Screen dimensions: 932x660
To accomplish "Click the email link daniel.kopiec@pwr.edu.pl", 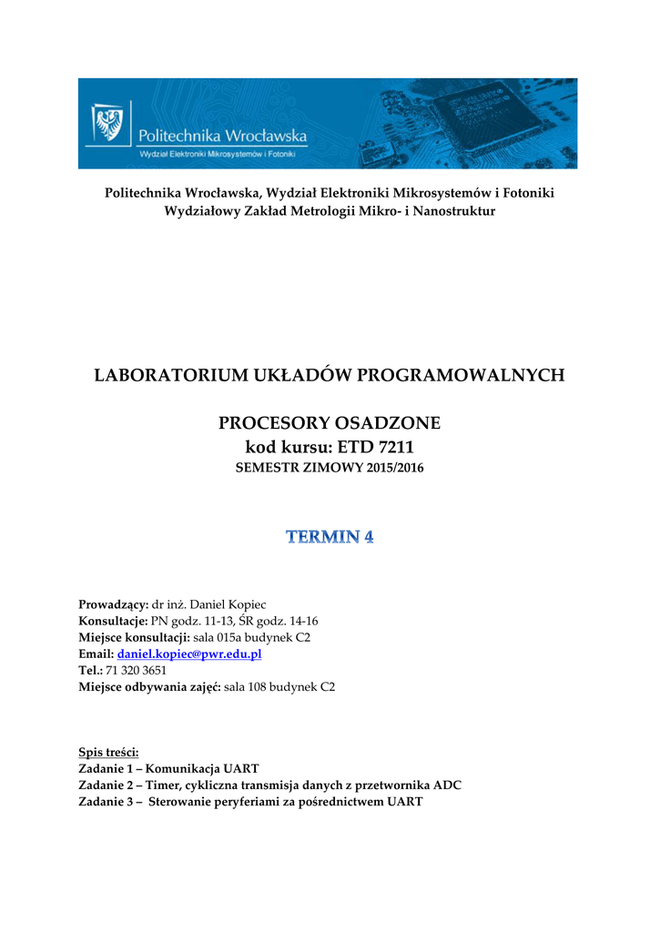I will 189,654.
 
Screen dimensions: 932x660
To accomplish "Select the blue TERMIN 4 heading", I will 330,537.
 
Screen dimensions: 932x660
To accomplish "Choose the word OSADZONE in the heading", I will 388,423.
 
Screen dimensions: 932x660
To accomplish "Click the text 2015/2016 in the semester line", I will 394,469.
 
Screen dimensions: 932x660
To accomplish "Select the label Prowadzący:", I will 113,605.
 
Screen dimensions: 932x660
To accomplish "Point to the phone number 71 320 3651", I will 137,671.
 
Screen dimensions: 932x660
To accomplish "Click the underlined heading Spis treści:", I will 109,752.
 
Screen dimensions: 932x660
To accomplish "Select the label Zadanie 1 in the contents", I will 107,768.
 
